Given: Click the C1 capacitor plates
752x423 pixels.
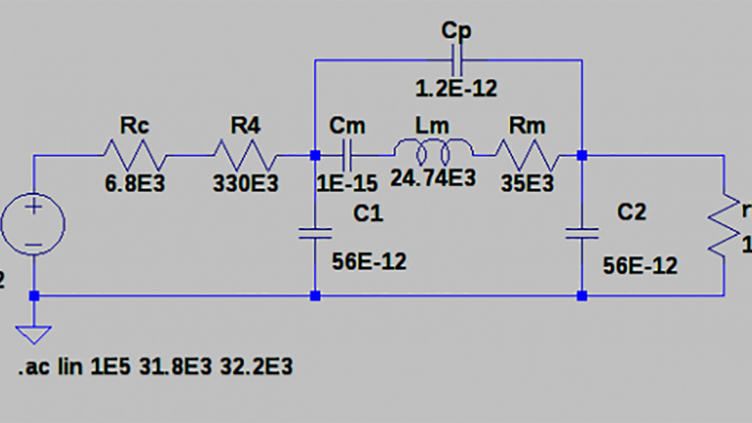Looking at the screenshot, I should pyautogui.click(x=314, y=234).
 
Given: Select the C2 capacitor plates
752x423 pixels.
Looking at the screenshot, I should pyautogui.click(x=582, y=234).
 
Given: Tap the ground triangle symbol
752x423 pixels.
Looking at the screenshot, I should pyautogui.click(x=34, y=333).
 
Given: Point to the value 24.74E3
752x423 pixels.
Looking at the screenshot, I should pyautogui.click(x=432, y=179).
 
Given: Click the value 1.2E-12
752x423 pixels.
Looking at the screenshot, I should pyautogui.click(x=456, y=88).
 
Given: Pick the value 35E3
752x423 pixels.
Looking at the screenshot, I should pyautogui.click(x=527, y=183).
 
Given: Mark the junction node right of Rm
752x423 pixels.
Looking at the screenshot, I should pyautogui.click(x=582, y=155).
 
